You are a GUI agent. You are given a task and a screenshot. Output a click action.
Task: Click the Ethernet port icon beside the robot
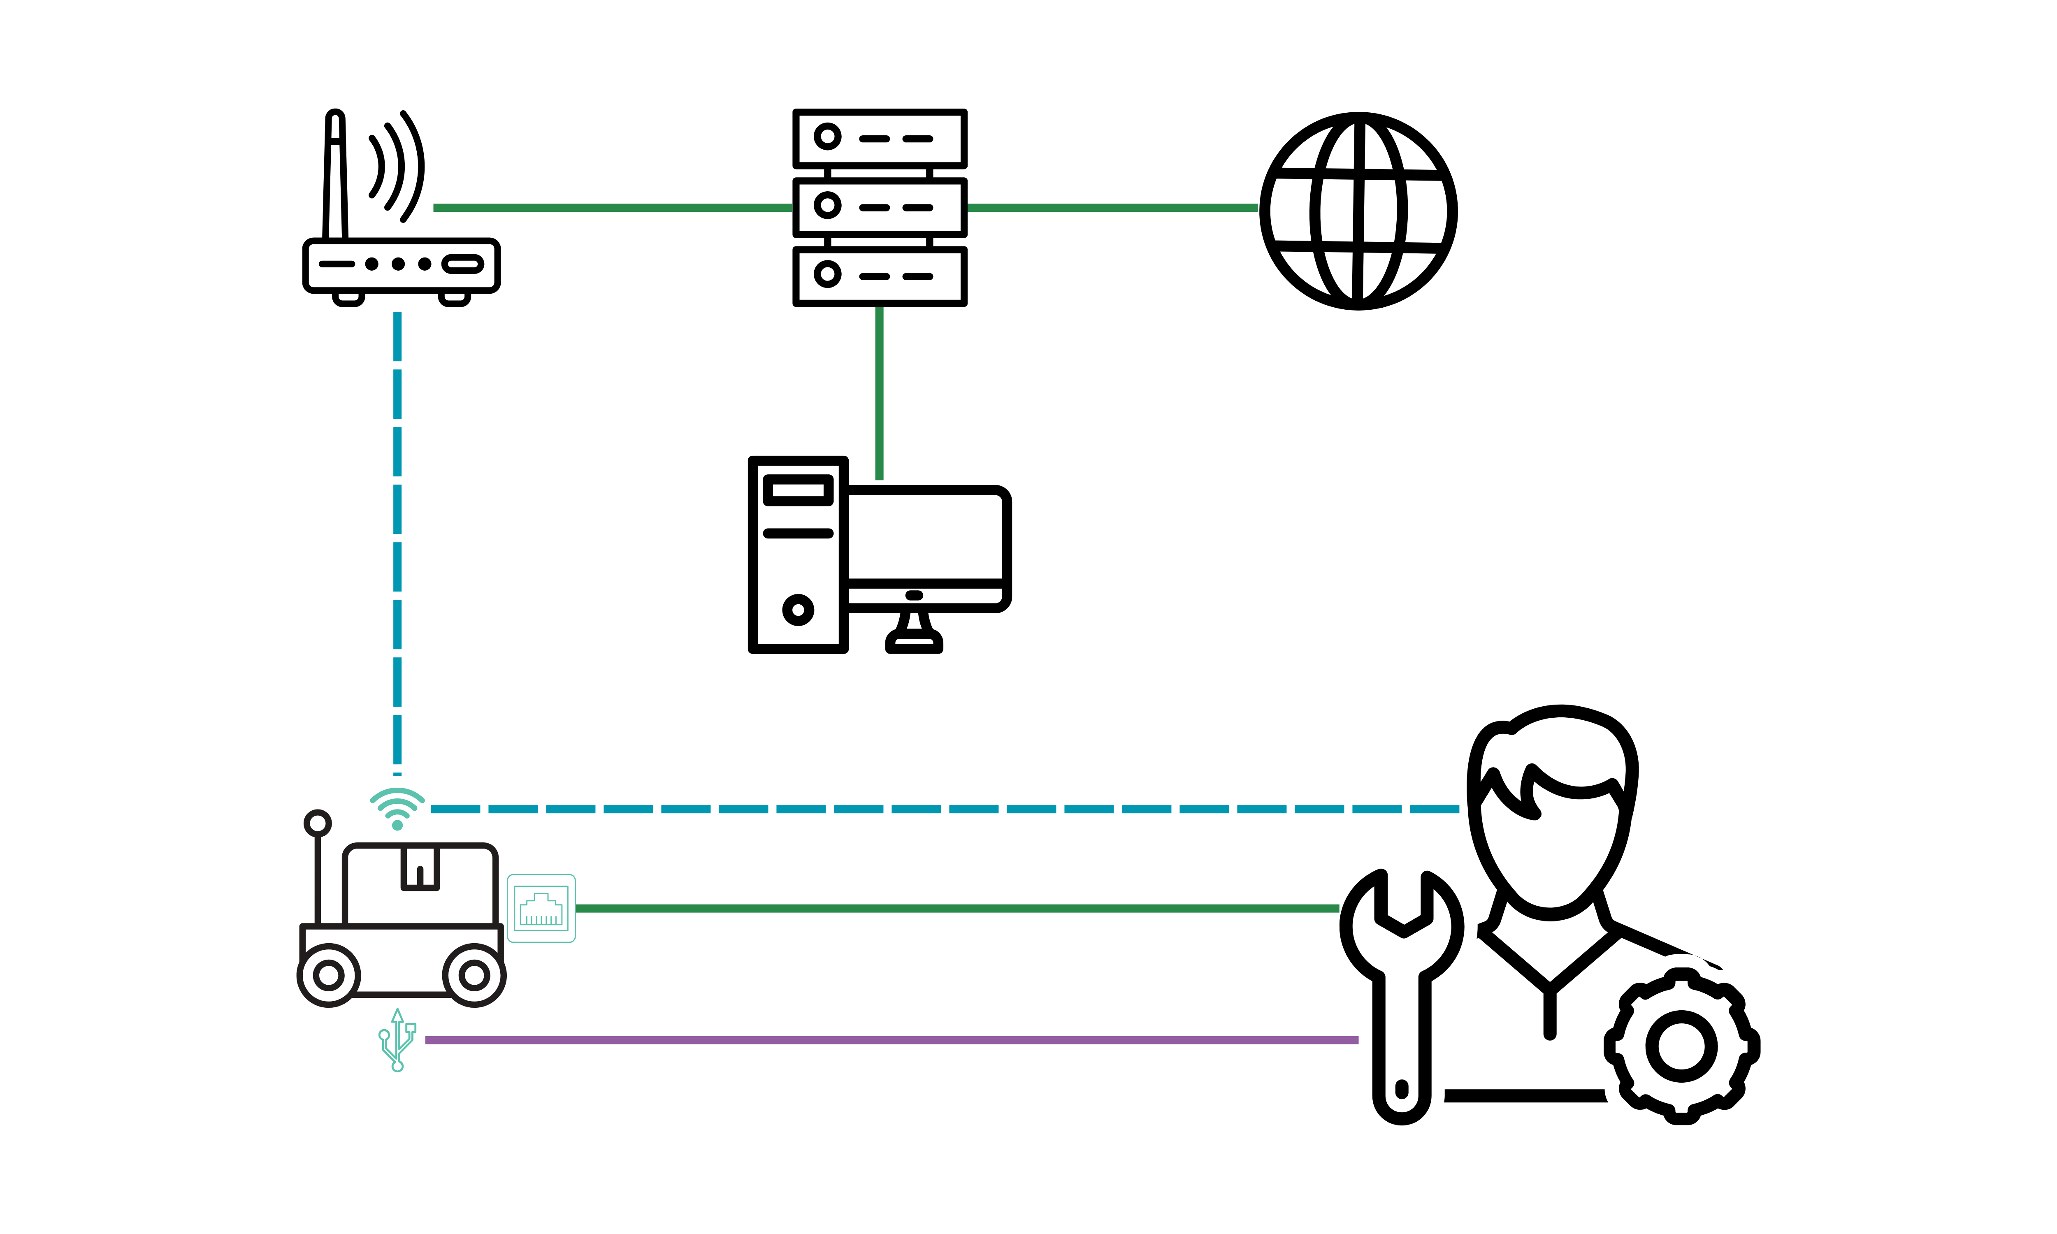click(541, 908)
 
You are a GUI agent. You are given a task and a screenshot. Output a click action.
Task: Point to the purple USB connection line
click(889, 1039)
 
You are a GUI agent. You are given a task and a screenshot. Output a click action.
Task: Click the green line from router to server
click(611, 207)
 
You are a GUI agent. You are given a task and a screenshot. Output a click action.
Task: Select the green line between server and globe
click(1112, 207)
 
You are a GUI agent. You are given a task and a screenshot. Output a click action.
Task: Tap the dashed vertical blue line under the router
click(397, 540)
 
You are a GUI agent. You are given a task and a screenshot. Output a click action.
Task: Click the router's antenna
click(335, 175)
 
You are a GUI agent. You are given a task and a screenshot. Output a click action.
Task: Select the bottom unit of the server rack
click(879, 275)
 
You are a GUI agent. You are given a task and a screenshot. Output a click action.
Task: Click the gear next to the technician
click(1681, 1046)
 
